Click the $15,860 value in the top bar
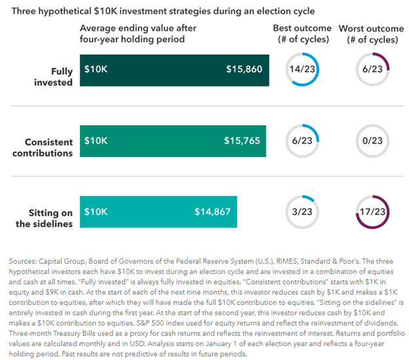coord(244,68)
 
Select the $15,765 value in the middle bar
coord(242,140)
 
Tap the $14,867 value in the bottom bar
coord(213,212)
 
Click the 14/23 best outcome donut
coord(302,69)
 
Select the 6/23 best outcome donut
coord(302,140)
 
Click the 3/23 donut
coord(302,212)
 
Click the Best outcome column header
coord(302,34)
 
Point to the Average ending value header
coord(138,34)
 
